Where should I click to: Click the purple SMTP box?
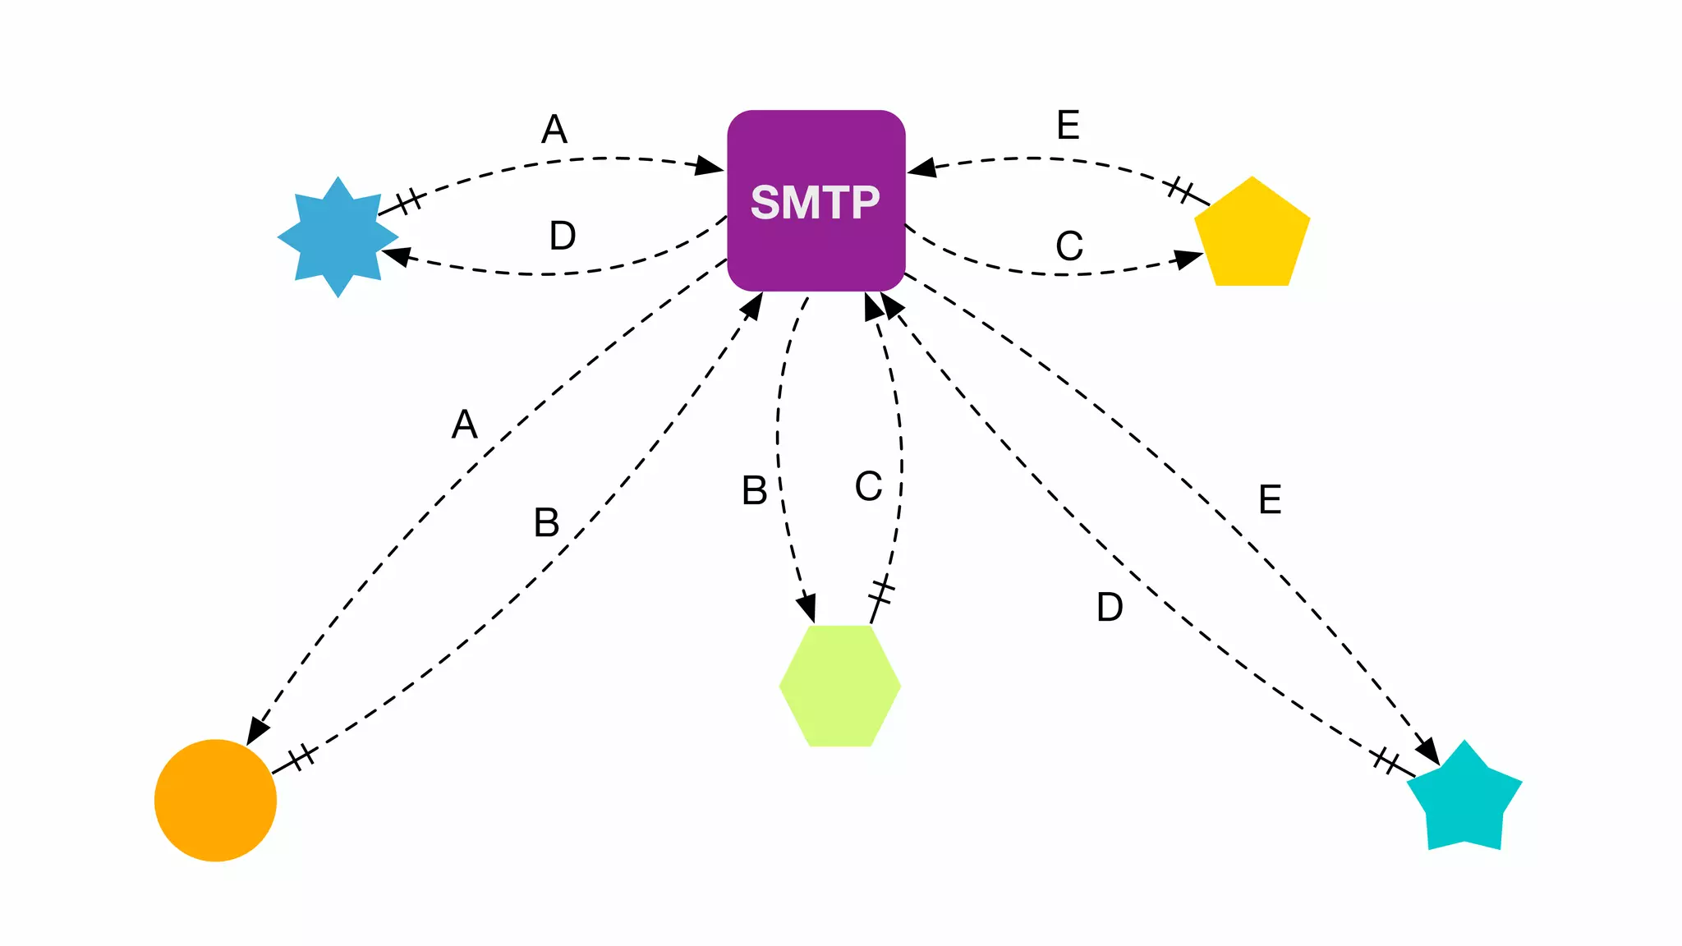coord(816,200)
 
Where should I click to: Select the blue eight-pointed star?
coord(338,236)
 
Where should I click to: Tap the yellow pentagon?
coord(1251,236)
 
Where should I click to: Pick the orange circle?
coord(215,800)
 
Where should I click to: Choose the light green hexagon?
coord(839,686)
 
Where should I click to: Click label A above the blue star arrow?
coord(554,130)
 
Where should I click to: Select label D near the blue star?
coord(563,236)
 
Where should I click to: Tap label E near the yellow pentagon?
coord(1068,126)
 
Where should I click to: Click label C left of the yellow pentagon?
coord(1069,246)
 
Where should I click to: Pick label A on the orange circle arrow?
coord(465,425)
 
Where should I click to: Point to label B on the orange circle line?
coord(547,523)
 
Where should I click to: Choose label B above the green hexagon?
coord(755,491)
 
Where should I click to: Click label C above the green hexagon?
coord(868,486)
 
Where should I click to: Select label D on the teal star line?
coord(1110,608)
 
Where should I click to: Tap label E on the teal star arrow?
coord(1270,500)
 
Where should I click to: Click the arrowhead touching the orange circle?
coord(257,731)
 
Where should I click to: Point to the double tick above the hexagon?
coord(881,590)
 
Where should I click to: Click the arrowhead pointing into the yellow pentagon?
coord(1188,259)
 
